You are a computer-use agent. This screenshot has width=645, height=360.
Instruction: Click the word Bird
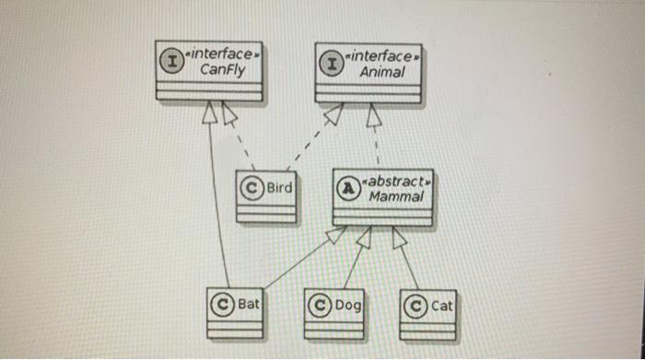[x=279, y=188]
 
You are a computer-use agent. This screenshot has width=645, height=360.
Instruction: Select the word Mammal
[x=395, y=196]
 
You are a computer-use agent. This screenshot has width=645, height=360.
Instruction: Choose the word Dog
[x=347, y=304]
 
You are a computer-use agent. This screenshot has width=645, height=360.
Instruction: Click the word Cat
[x=442, y=304]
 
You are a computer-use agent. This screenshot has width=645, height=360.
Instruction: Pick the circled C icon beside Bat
[x=222, y=303]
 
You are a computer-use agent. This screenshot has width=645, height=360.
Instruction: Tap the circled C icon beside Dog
[x=320, y=304]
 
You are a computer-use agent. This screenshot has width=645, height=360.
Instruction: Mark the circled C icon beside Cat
[x=416, y=304]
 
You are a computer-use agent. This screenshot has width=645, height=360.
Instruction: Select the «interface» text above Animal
[x=381, y=56]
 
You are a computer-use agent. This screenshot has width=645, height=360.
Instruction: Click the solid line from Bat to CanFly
[x=217, y=203]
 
